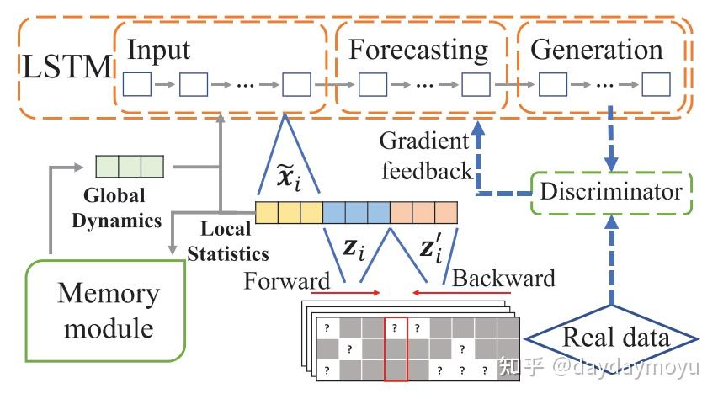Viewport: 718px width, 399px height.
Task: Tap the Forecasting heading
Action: (418, 50)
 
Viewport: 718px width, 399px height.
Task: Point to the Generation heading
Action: (598, 50)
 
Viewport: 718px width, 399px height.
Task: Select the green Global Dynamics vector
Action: (129, 164)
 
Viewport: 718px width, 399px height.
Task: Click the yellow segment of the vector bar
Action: (289, 211)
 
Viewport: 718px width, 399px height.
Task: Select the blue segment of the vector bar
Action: (356, 211)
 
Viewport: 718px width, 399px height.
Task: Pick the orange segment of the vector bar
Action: (423, 211)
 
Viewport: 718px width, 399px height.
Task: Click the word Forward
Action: (287, 279)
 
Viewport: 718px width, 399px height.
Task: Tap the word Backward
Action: (503, 278)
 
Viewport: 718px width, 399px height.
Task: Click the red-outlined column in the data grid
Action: (396, 349)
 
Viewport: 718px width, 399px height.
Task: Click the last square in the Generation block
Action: (657, 85)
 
